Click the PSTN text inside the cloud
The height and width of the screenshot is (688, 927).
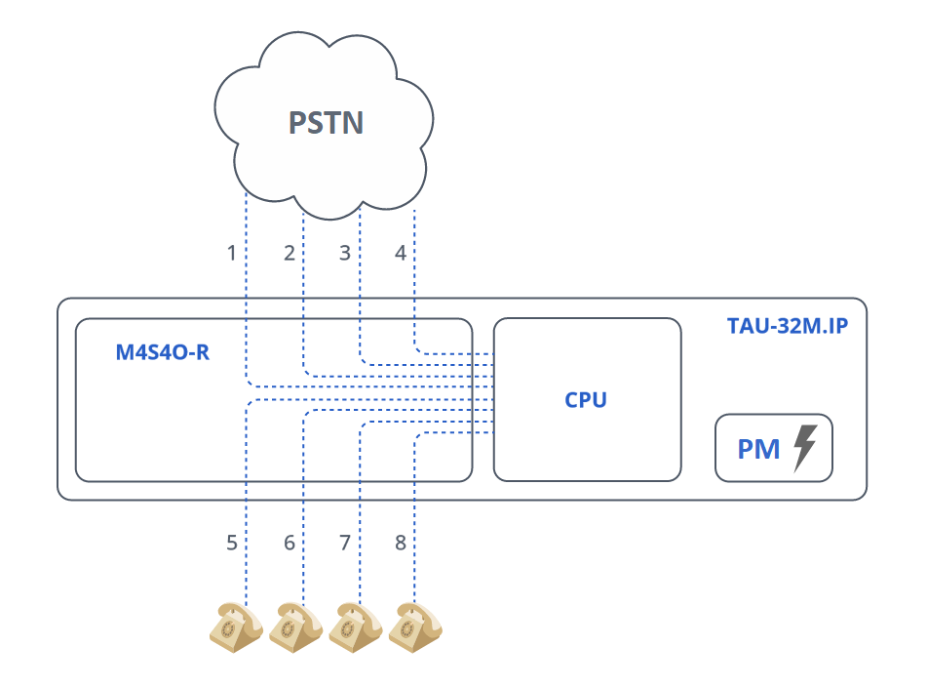[x=326, y=123]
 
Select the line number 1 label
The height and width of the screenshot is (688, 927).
[x=232, y=254]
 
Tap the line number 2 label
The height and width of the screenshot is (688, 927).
[x=289, y=254]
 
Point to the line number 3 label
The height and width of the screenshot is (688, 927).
[x=344, y=254]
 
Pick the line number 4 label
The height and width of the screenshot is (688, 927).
[x=400, y=254]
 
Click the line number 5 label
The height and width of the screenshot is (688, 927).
[x=232, y=543]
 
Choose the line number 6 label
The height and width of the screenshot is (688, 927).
[x=289, y=543]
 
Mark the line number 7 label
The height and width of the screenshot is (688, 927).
[x=344, y=543]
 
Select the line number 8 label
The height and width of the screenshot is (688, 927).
[x=400, y=543]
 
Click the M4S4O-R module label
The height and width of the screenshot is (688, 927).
[x=162, y=352]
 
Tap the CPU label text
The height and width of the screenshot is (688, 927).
[x=586, y=400]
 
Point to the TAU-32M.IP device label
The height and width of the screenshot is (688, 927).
[x=787, y=326]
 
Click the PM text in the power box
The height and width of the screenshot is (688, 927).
[x=758, y=448]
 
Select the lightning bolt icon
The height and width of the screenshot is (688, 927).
[x=804, y=448]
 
